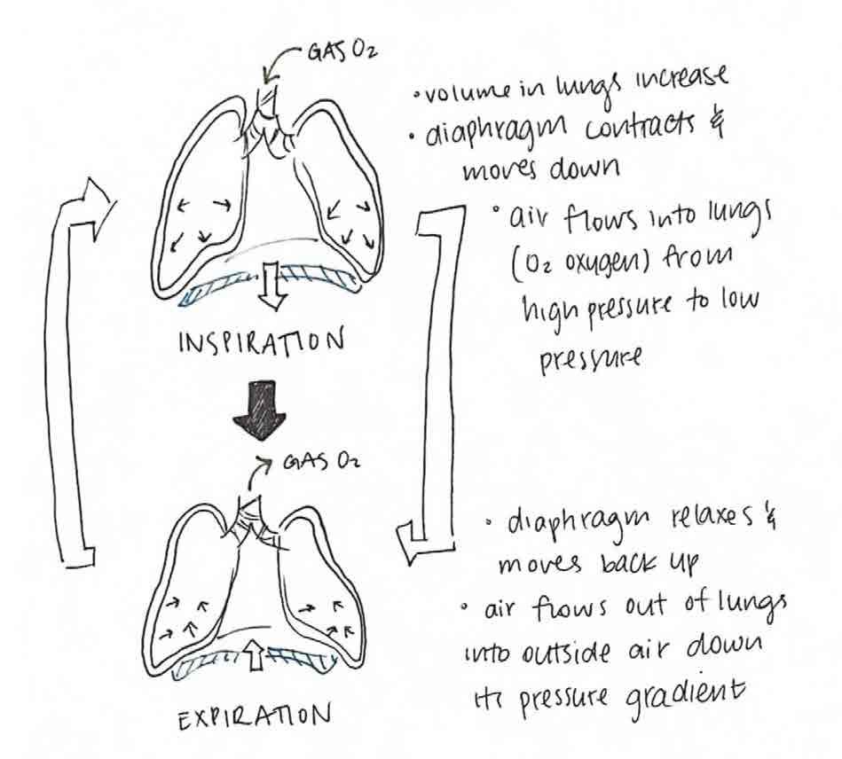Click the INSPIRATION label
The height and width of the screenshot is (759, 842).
point(263,341)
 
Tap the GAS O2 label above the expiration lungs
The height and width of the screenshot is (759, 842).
point(316,462)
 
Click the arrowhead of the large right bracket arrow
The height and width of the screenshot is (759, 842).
point(410,542)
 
